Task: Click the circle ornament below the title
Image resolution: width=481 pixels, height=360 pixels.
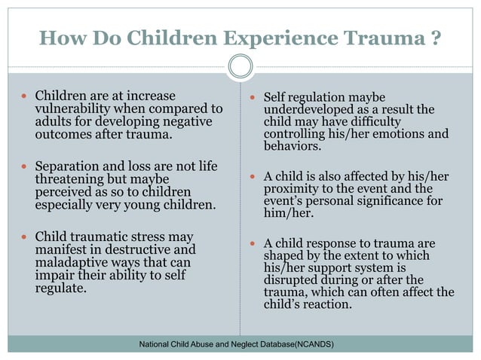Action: tap(240, 68)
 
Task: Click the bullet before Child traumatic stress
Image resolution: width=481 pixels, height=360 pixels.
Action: tap(25, 237)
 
